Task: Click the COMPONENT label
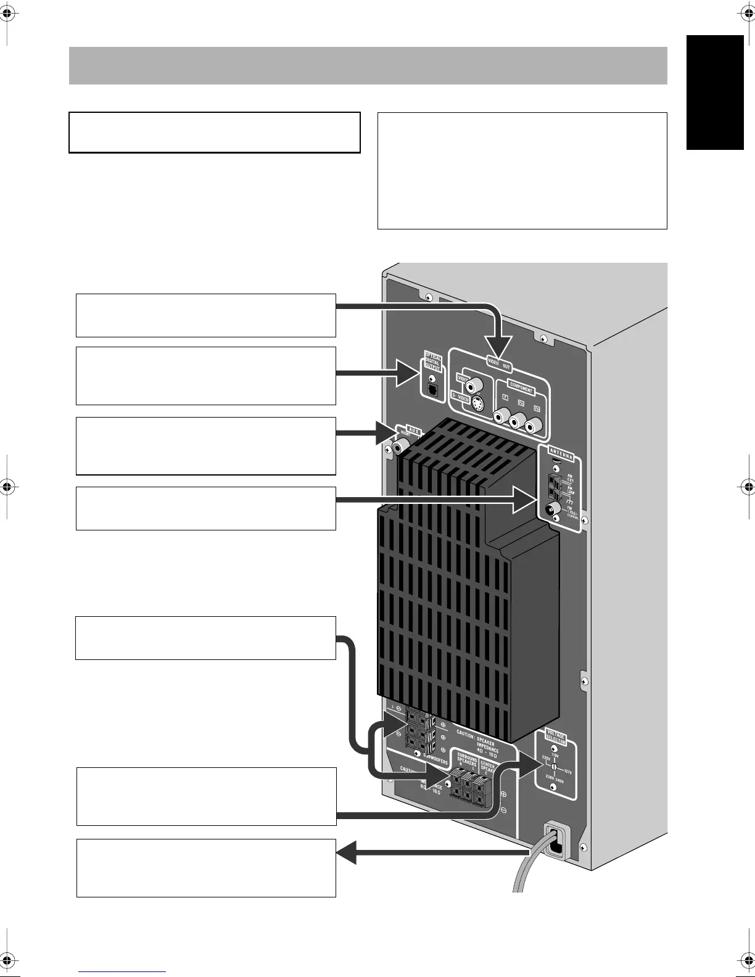point(521,390)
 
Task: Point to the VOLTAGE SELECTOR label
point(555,738)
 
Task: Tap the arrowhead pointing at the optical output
point(409,373)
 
